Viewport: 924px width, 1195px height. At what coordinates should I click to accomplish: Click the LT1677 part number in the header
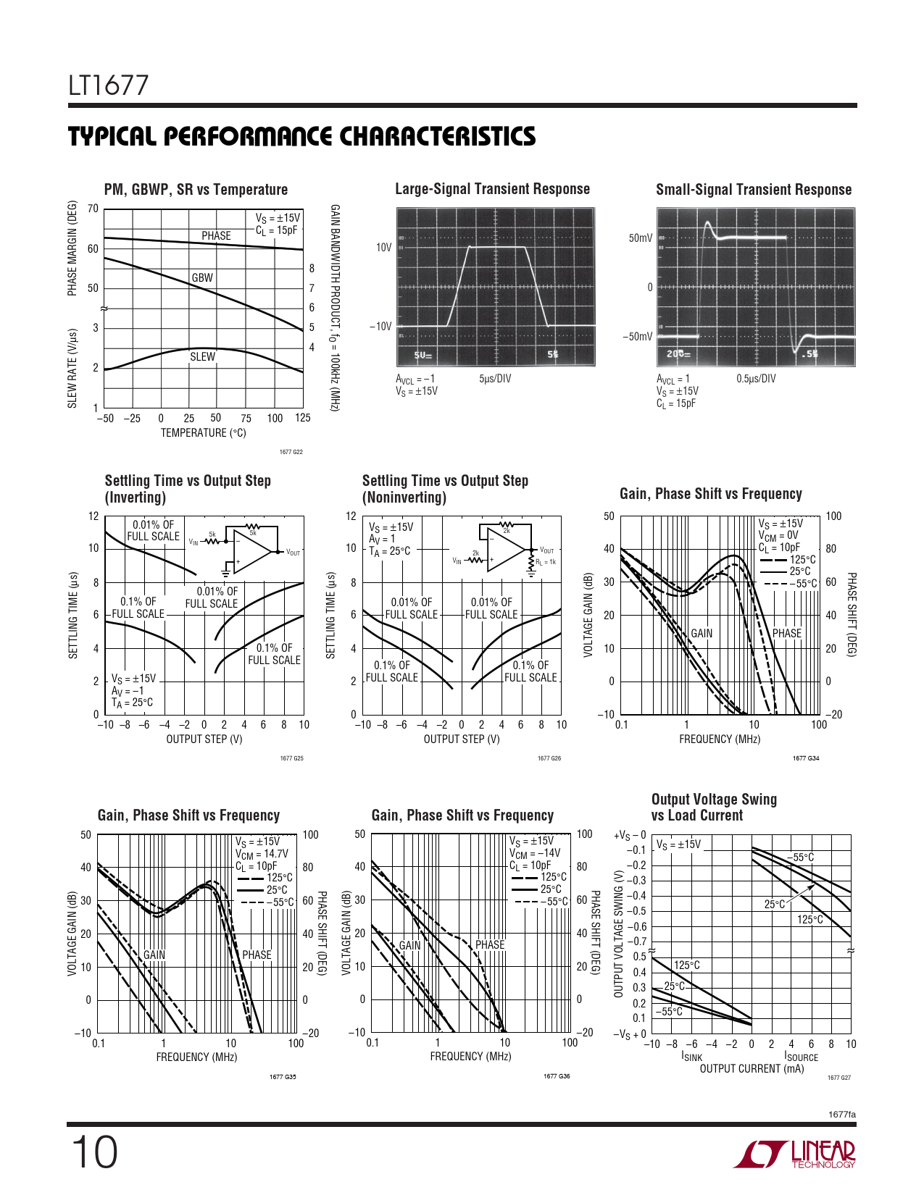pyautogui.click(x=108, y=86)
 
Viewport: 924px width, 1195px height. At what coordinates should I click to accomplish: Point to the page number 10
pyautogui.click(x=94, y=1153)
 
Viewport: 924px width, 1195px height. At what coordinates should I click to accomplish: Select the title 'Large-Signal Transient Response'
pyautogui.click(x=492, y=189)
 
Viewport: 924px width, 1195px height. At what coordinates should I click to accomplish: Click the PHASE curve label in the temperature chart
pyautogui.click(x=216, y=236)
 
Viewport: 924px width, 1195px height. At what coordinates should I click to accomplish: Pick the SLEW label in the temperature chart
pyautogui.click(x=202, y=356)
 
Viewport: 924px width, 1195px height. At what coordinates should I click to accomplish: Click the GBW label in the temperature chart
pyautogui.click(x=202, y=277)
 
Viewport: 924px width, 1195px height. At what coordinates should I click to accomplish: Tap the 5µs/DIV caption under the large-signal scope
pyautogui.click(x=495, y=379)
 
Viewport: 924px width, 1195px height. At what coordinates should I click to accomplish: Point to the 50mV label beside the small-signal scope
pyautogui.click(x=640, y=238)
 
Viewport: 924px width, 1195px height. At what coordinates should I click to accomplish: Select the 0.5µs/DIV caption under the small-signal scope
pyautogui.click(x=756, y=379)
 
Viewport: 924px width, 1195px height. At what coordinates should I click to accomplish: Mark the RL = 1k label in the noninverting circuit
pyautogui.click(x=546, y=562)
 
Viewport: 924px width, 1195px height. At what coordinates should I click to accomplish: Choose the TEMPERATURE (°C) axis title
pyautogui.click(x=203, y=433)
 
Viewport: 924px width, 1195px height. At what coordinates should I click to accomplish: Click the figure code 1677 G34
pyautogui.click(x=806, y=758)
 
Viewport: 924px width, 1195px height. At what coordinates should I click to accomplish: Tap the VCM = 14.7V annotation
pyautogui.click(x=262, y=854)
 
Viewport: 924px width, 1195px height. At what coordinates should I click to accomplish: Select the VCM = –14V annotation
pyautogui.click(x=535, y=853)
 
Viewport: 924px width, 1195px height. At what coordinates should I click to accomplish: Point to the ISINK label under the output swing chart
pyautogui.click(x=691, y=1057)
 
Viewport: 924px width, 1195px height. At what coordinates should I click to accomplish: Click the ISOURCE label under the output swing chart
pyautogui.click(x=801, y=1057)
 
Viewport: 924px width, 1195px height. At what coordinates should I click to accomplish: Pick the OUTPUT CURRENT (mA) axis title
pyautogui.click(x=752, y=1069)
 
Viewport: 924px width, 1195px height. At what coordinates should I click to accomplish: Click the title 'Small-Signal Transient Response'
pyautogui.click(x=754, y=190)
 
